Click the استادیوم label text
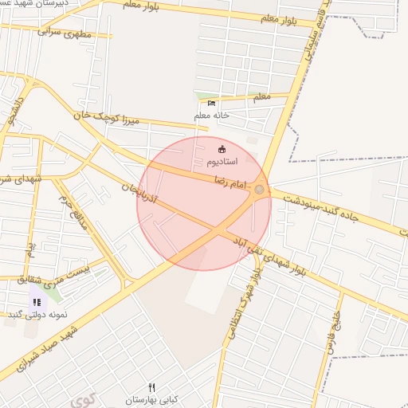coord(222,161)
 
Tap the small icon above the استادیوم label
coord(222,149)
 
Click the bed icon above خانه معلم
coord(211,103)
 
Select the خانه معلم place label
coord(211,115)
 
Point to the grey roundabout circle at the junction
coord(259,189)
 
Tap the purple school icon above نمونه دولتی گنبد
coord(37,302)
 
